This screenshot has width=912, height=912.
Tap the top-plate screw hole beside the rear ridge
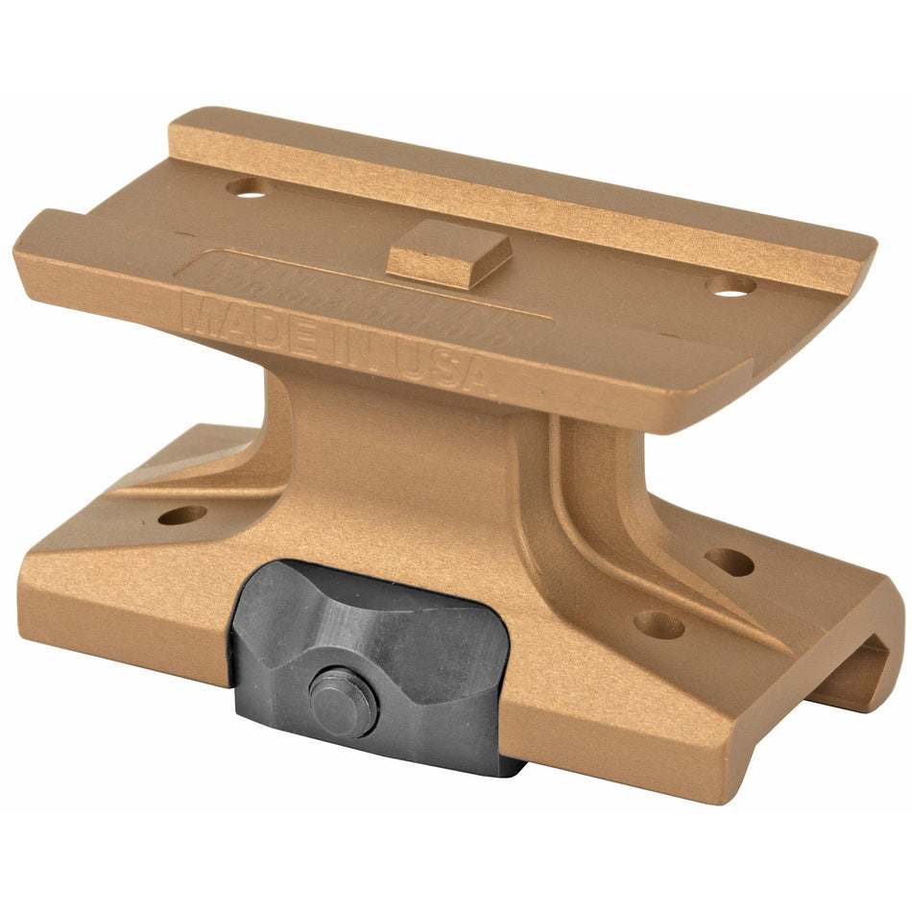point(248,187)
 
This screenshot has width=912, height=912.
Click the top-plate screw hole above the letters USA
point(732,285)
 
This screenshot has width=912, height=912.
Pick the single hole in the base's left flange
point(181,516)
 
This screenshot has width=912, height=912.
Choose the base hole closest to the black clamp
point(660,625)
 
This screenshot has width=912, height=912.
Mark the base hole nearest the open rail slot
point(730,562)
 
